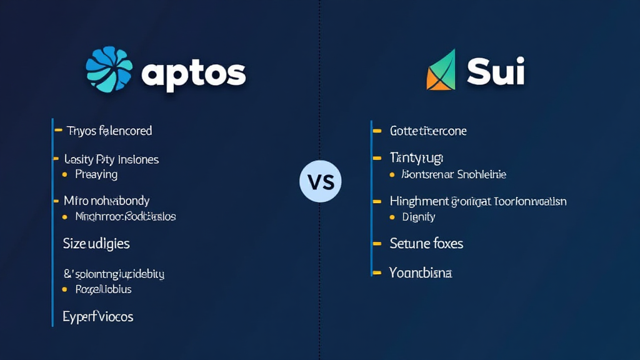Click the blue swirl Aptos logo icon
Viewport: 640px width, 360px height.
point(109,69)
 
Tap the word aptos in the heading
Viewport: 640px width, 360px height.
point(193,74)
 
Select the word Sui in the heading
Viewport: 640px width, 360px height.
point(496,72)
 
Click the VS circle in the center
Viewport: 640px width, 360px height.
point(321,182)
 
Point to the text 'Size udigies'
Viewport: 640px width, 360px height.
point(96,243)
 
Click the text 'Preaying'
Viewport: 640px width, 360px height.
point(96,174)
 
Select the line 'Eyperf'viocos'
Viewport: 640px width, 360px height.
point(98,316)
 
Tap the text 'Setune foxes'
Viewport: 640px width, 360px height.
point(426,243)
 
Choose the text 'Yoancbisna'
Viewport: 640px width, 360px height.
point(421,273)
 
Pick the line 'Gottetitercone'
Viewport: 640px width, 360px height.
point(428,131)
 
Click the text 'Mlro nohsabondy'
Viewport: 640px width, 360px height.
point(106,201)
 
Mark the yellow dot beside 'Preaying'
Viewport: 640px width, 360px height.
point(64,174)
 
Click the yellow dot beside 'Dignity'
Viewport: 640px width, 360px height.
point(392,217)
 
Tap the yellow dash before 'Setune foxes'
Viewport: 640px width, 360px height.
point(376,243)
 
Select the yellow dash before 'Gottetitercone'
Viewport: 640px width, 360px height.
point(376,131)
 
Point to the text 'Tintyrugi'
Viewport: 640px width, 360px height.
point(416,158)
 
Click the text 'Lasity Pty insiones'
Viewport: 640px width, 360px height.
point(111,159)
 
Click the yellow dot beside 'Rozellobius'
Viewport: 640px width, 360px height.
point(64,289)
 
